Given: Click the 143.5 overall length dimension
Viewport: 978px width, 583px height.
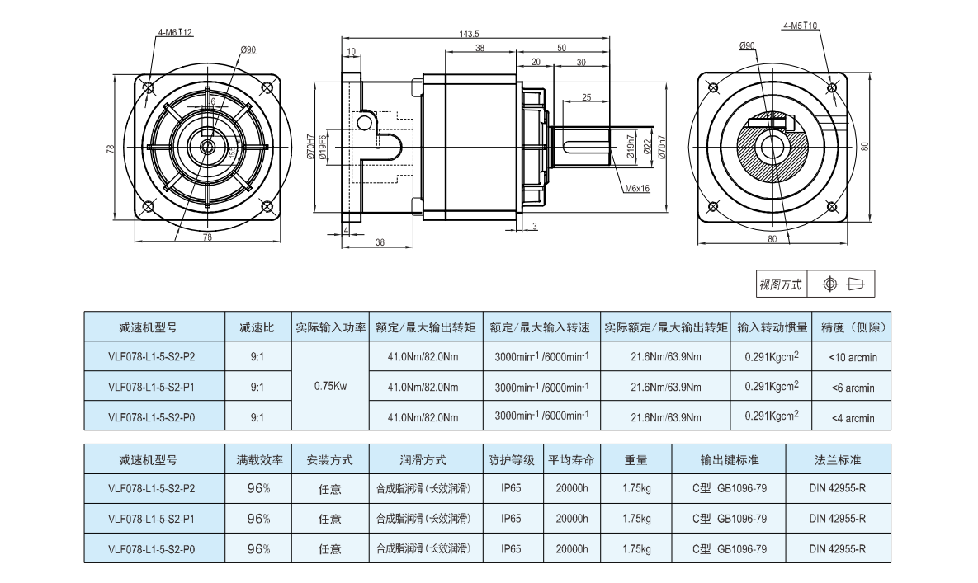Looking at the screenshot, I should click(x=468, y=33).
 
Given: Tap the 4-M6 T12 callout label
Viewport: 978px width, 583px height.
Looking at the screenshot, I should click(x=174, y=33).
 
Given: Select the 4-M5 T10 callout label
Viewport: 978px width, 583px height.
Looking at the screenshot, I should click(x=800, y=26).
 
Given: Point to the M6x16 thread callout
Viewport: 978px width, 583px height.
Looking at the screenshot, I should click(x=637, y=188).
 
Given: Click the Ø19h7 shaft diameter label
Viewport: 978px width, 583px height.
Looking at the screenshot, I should click(x=631, y=147).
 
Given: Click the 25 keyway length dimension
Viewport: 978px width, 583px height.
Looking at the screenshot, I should click(x=586, y=97).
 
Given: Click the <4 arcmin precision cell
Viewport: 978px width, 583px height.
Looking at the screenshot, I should click(x=852, y=418).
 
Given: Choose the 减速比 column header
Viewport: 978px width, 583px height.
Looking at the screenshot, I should click(x=257, y=327).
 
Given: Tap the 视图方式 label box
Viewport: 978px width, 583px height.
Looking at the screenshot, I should click(x=781, y=284).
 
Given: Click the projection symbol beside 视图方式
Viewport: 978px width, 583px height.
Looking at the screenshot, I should click(x=842, y=284).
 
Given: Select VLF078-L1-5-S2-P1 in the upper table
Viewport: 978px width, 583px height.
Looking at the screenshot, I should click(x=152, y=387).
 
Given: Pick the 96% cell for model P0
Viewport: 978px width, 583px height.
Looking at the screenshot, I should click(x=258, y=548).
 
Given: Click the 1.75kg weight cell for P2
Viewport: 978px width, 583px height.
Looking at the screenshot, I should click(x=635, y=488).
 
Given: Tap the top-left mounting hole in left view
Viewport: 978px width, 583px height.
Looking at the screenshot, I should click(x=149, y=87).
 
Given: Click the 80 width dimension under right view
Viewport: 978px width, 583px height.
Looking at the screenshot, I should click(x=772, y=240).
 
